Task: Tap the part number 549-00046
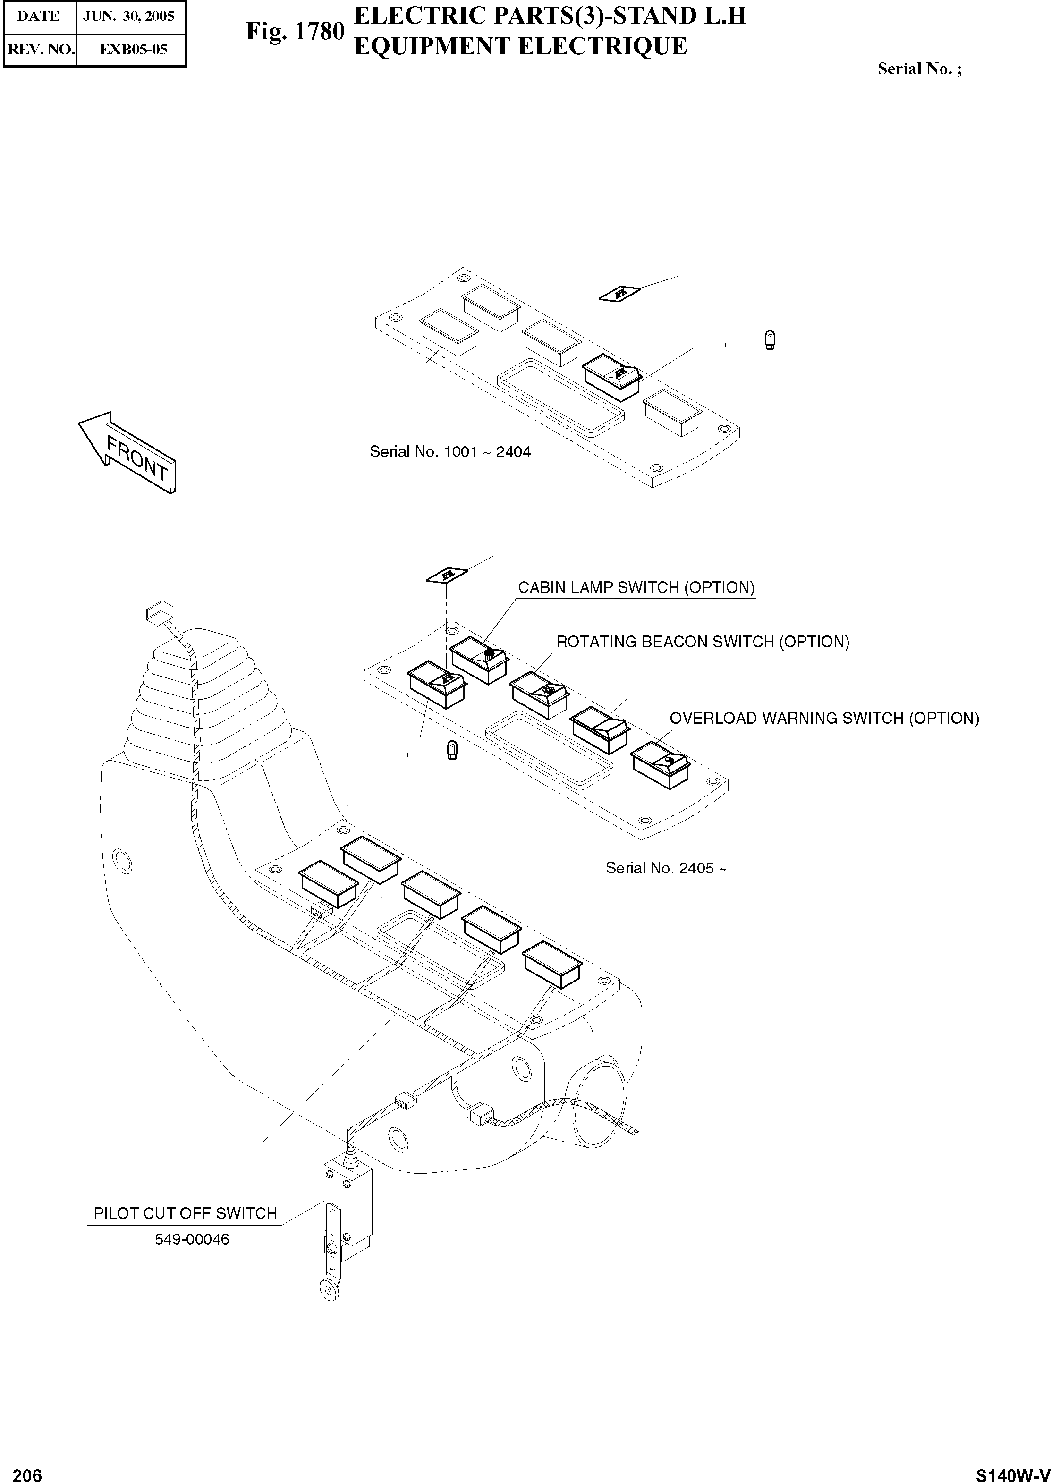point(192,1239)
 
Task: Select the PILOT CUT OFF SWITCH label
point(185,1213)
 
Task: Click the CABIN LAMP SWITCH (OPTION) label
point(636,588)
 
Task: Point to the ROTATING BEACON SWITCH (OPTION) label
point(703,642)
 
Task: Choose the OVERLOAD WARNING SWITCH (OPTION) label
point(824,719)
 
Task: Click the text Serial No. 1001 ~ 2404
point(450,452)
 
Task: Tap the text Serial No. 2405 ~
point(666,869)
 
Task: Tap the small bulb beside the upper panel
point(770,340)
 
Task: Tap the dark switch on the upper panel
point(611,379)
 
